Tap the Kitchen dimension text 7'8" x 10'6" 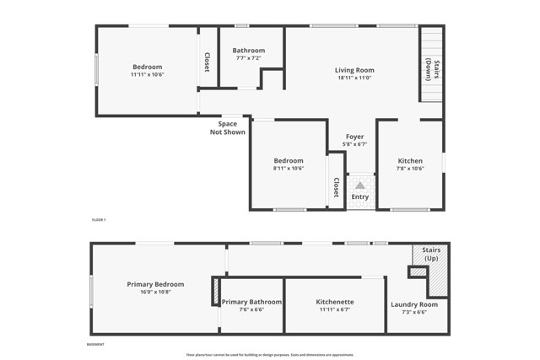(410, 169)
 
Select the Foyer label (355, 137)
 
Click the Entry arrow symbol (360, 185)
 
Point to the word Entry (360, 197)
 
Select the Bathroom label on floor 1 (249, 51)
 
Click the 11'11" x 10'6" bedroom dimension (147, 75)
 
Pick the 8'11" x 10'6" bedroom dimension (289, 169)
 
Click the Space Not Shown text (228, 128)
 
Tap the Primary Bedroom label (155, 284)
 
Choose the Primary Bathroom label (251, 301)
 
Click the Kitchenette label (335, 301)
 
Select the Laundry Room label (414, 304)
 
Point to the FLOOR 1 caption (99, 219)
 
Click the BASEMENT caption (96, 345)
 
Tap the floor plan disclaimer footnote (270, 355)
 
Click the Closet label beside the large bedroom (208, 62)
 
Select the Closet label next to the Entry (336, 187)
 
